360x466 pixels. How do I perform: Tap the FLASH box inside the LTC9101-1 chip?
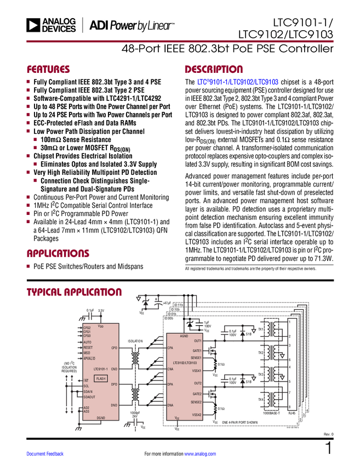(101, 378)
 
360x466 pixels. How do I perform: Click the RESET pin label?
(88, 348)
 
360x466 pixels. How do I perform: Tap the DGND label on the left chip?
(101, 418)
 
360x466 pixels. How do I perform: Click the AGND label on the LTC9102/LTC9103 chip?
(184, 336)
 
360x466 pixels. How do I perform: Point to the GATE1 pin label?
(197, 350)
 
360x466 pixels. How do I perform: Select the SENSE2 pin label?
(196, 402)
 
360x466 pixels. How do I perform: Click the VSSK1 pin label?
(197, 371)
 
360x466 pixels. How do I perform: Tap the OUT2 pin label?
(198, 383)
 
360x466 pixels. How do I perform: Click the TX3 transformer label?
(261, 374)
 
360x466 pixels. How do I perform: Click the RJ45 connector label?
(292, 413)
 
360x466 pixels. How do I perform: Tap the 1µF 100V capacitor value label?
(207, 324)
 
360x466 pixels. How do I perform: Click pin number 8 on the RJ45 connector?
(290, 407)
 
